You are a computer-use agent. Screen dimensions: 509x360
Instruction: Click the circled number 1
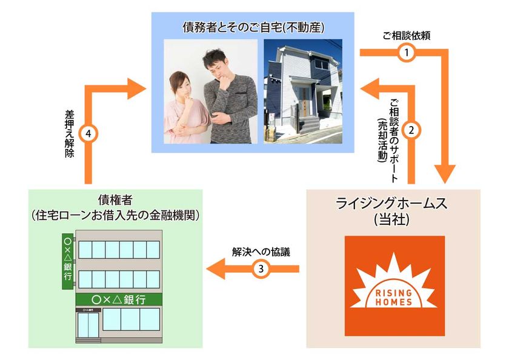click(x=406, y=52)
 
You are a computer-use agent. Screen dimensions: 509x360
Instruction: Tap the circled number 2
click(x=411, y=130)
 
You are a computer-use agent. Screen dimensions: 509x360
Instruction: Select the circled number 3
click(x=261, y=268)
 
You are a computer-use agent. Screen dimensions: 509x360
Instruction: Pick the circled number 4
click(x=88, y=134)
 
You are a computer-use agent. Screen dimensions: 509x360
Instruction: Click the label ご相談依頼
click(x=406, y=35)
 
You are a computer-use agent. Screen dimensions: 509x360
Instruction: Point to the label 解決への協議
click(x=261, y=252)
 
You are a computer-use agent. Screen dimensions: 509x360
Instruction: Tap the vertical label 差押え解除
click(x=70, y=134)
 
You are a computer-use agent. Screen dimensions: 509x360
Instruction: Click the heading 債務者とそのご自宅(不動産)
click(x=253, y=27)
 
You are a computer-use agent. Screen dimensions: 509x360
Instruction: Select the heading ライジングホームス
click(x=391, y=204)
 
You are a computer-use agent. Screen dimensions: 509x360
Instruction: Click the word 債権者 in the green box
click(x=115, y=200)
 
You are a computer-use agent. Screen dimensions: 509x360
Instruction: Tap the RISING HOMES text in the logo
click(x=394, y=298)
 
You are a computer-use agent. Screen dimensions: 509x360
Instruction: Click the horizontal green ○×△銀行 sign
click(x=119, y=299)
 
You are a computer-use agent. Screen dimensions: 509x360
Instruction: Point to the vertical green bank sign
click(x=67, y=261)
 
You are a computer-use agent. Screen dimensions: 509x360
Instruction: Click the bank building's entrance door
click(x=88, y=325)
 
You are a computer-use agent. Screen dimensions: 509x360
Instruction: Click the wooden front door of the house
click(x=304, y=102)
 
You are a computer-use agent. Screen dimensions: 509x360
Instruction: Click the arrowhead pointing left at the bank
click(x=216, y=268)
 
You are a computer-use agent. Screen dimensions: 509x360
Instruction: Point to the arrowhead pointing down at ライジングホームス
click(x=445, y=175)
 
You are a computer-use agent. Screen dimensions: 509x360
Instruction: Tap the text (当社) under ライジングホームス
click(x=391, y=220)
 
